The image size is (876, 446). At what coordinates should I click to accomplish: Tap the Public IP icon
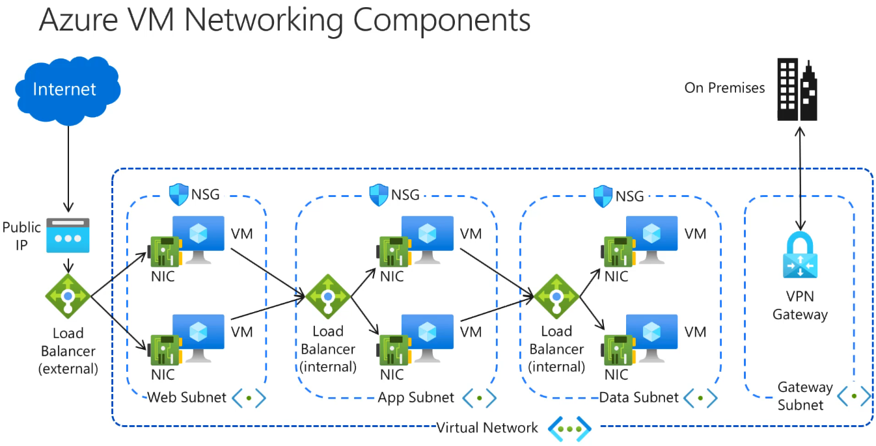68,235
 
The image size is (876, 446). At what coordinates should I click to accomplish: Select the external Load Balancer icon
68,296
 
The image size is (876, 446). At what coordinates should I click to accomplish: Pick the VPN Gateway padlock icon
800,256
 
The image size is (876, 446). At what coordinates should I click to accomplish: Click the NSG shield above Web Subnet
179,194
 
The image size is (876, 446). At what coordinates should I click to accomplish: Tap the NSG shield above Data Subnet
603,194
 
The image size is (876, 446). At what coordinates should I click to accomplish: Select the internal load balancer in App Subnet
328,296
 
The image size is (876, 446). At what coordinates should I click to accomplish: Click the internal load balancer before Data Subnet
556,296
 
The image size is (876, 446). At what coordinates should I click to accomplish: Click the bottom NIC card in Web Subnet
163,351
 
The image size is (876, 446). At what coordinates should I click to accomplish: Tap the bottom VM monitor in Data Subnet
651,335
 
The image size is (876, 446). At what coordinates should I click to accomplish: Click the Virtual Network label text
487,427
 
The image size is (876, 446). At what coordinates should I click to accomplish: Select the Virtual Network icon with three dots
569,428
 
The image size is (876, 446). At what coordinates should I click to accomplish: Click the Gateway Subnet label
804,396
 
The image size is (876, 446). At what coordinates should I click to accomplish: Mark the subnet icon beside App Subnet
480,397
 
